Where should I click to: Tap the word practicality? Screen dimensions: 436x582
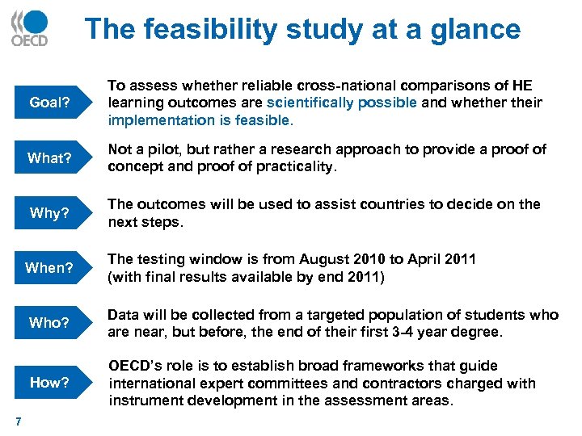tap(291, 166)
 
